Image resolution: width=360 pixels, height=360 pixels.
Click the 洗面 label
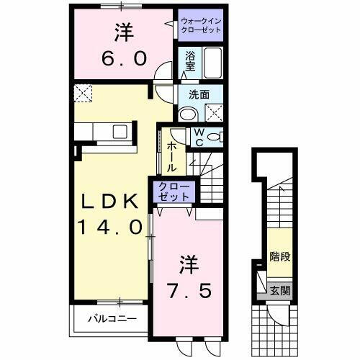point(199,94)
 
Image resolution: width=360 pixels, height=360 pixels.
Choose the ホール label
point(174,156)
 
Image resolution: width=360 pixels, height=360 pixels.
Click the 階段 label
point(280,256)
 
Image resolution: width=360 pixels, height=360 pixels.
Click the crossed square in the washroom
point(214,112)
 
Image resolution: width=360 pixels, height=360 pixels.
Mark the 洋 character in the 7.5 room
point(183,264)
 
